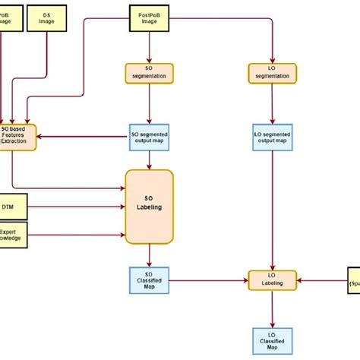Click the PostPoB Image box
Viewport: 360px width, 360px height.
tap(149, 19)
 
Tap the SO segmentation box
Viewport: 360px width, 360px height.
tap(149, 73)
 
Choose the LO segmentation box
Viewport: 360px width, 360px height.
tap(273, 73)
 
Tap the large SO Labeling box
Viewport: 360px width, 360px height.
tap(149, 207)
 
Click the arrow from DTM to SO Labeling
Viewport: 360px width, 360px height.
tap(76, 207)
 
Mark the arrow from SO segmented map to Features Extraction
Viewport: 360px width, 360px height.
tap(84, 136)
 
